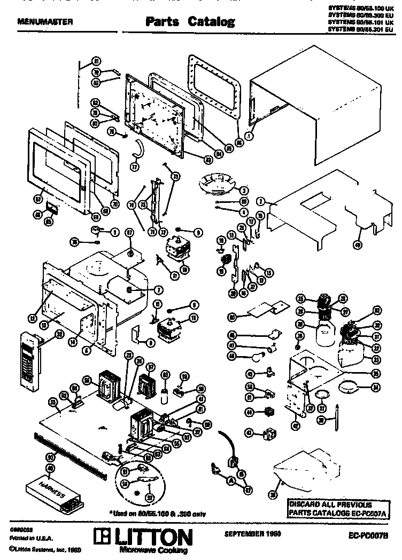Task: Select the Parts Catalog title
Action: (x=190, y=22)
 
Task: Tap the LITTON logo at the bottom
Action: (x=142, y=535)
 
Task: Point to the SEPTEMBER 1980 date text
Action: (x=246, y=533)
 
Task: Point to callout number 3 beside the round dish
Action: (x=243, y=190)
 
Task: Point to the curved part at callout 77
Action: (x=138, y=148)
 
